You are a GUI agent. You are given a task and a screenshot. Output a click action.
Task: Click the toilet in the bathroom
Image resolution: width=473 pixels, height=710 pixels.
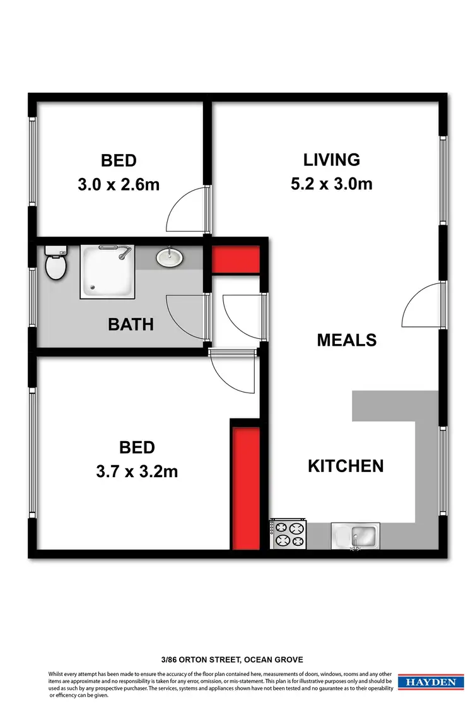[55, 264]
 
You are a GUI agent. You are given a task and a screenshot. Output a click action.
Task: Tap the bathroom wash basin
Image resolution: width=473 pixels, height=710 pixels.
[169, 257]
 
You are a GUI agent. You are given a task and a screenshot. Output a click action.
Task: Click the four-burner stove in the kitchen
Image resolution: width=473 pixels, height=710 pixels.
[288, 533]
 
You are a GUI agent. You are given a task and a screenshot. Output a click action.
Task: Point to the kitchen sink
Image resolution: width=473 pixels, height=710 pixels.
[354, 536]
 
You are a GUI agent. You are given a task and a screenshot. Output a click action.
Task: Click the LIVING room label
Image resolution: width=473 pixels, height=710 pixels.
[331, 160]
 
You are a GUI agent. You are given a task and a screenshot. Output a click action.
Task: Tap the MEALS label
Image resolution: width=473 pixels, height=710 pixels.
[346, 340]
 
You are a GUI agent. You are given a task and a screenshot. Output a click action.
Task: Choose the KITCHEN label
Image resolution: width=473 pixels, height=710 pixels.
[346, 466]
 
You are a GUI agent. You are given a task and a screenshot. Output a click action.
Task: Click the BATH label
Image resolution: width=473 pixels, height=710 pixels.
[131, 324]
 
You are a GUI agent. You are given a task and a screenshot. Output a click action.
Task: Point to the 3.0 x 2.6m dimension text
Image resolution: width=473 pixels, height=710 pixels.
[118, 185]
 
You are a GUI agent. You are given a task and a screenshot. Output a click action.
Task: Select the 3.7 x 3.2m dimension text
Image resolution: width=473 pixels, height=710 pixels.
[137, 471]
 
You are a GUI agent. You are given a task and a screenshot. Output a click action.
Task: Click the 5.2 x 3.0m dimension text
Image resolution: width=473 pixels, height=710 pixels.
[331, 184]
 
